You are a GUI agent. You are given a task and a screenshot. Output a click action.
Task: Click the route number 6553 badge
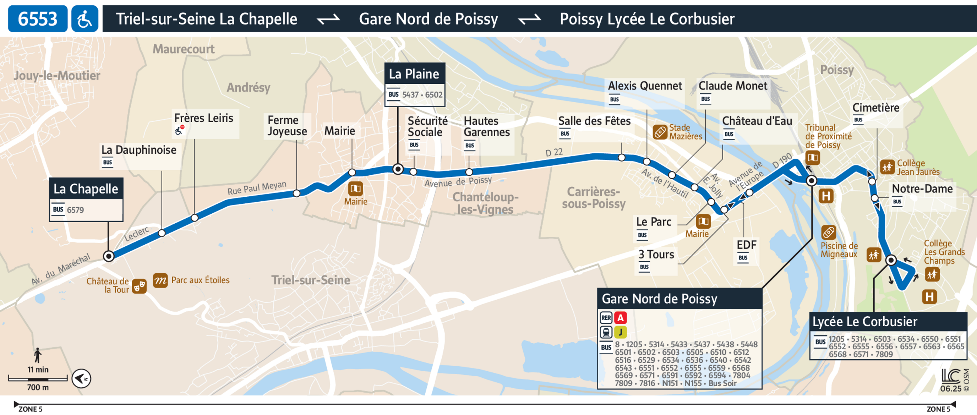pyautogui.click(x=38, y=18)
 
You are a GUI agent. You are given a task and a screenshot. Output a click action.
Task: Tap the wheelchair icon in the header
pyautogui.click(x=85, y=18)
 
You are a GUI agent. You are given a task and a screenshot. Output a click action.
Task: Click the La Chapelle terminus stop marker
pyautogui.click(x=109, y=256)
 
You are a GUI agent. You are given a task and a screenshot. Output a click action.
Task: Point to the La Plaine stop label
pyautogui.click(x=414, y=74)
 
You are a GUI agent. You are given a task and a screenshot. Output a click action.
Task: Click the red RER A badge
pyautogui.click(x=620, y=318)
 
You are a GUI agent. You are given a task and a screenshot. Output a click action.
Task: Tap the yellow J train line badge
pyautogui.click(x=620, y=332)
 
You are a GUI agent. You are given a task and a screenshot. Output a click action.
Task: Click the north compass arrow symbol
pyautogui.click(x=82, y=378)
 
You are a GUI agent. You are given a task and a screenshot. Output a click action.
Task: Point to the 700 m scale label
pyautogui.click(x=38, y=387)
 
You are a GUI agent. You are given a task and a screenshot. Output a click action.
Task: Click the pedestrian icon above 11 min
pyautogui.click(x=38, y=355)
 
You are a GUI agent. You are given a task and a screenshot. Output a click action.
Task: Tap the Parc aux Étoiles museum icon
pyautogui.click(x=160, y=281)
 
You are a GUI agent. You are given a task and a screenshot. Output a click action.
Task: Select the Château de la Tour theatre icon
pyautogui.click(x=139, y=286)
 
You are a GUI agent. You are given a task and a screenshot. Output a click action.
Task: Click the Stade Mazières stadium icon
pyautogui.click(x=660, y=132)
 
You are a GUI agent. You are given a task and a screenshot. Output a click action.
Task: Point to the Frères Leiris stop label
pyautogui.click(x=204, y=118)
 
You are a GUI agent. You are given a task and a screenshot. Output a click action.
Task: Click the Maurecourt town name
pyautogui.click(x=183, y=49)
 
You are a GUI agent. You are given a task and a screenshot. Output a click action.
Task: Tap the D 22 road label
pyautogui.click(x=554, y=153)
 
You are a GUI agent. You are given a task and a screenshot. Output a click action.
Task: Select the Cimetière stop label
pyautogui.click(x=875, y=108)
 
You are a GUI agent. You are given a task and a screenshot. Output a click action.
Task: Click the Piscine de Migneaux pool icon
pyautogui.click(x=829, y=232)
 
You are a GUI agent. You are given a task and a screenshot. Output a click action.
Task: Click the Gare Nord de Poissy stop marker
pyautogui.click(x=811, y=181)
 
